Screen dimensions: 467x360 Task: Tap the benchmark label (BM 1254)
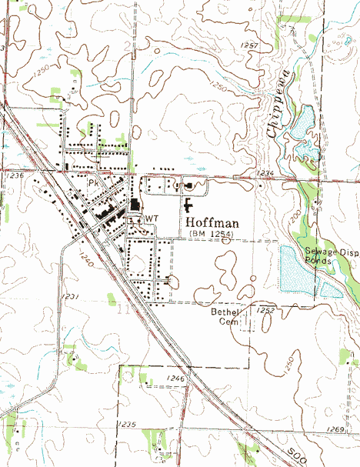(x=208, y=233)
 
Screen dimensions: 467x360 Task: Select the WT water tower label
(x=152, y=218)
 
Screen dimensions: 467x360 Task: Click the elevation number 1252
(x=266, y=310)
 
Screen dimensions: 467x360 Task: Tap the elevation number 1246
(x=176, y=379)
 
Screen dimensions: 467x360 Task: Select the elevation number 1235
(x=127, y=425)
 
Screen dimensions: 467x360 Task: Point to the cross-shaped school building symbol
(x=188, y=205)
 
